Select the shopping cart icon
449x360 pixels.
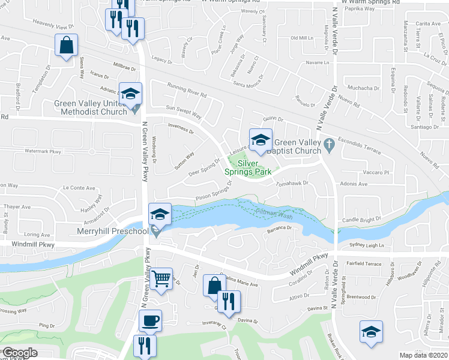(161, 279)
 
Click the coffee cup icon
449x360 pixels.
(150, 320)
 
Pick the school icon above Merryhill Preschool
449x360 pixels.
(160, 214)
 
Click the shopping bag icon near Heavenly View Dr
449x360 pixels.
(66, 45)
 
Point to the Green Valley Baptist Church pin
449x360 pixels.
(328, 145)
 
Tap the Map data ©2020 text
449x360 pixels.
(424, 355)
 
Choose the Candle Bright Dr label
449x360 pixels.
(362, 221)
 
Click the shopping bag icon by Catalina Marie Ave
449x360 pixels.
(214, 286)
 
